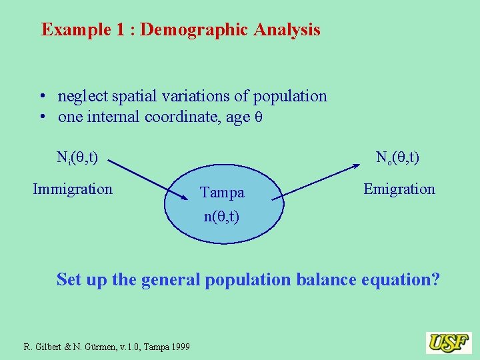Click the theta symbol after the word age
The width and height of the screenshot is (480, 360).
coord(259,117)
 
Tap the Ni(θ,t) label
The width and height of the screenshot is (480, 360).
coord(77,158)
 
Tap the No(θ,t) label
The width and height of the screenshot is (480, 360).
coord(397,158)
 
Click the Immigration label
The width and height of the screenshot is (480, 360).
coord(73,189)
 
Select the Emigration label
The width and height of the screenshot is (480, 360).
coord(399,189)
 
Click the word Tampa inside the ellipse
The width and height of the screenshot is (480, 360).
coord(222,193)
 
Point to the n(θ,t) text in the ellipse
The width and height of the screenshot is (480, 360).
coord(222,217)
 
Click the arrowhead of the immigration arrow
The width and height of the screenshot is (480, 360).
coord(186,196)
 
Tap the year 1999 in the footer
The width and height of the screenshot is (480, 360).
coord(179,347)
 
